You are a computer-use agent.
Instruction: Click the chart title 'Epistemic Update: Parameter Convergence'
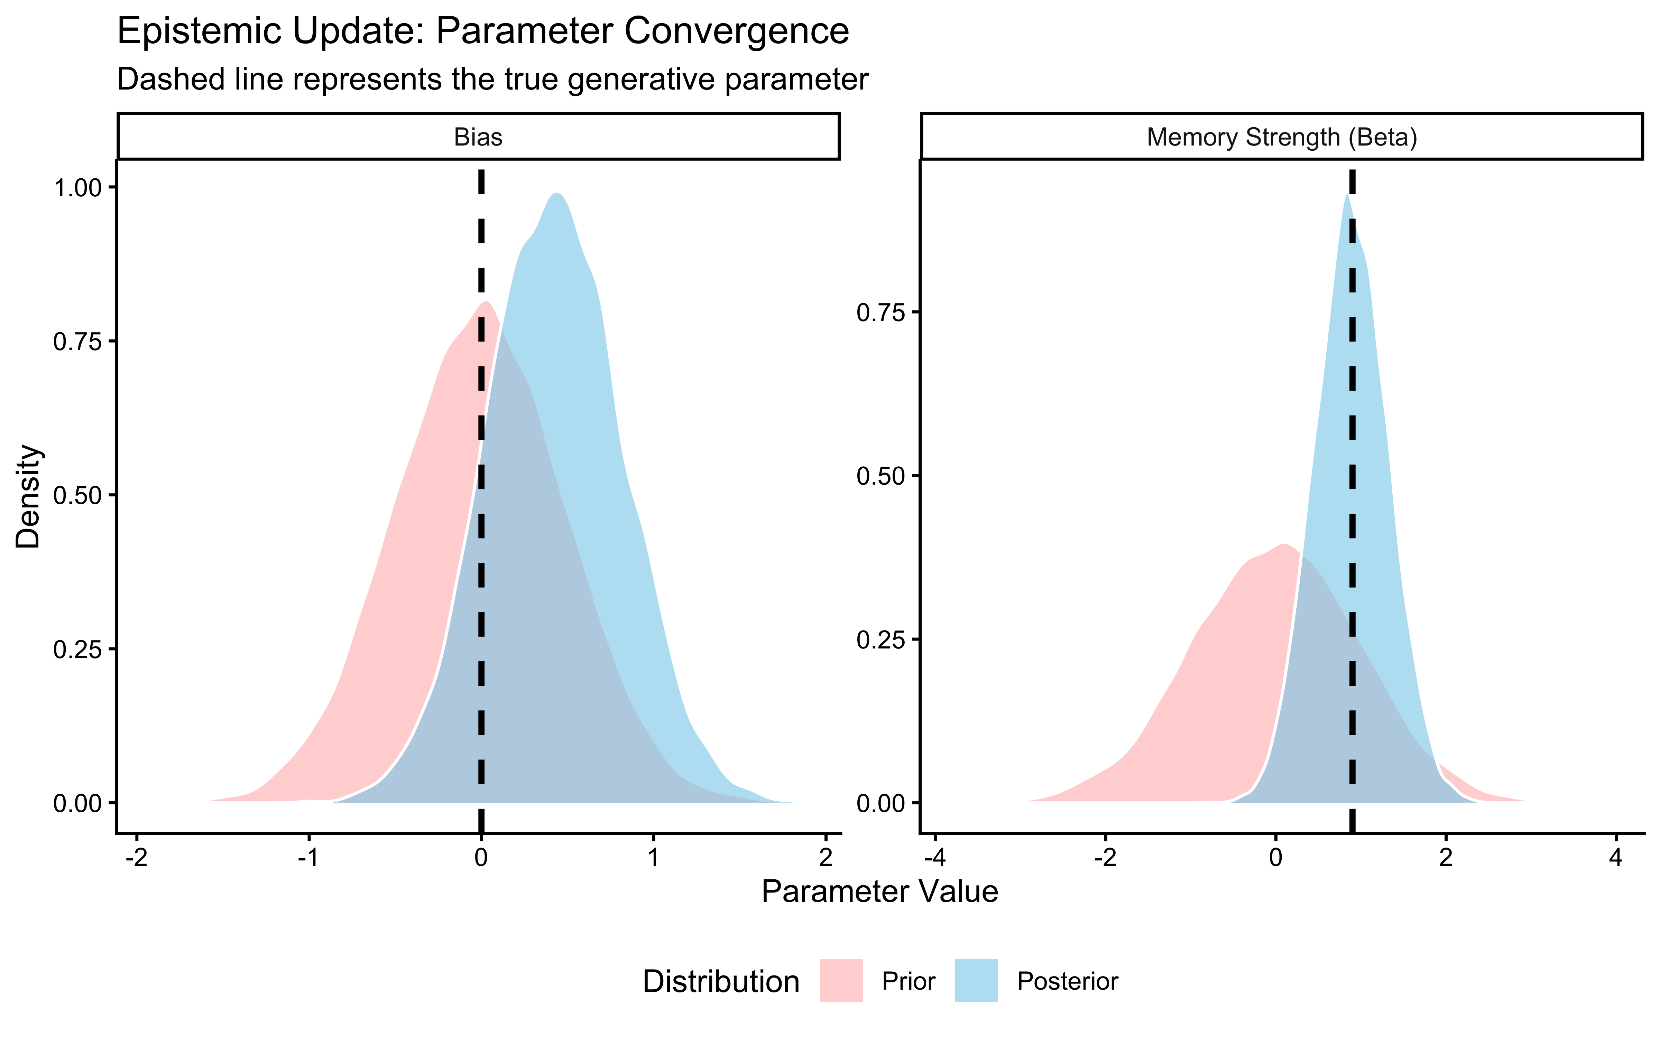483,31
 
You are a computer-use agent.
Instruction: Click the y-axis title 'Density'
29,497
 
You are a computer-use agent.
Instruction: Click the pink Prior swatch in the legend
841,981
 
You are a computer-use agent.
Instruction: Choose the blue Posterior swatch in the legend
976,981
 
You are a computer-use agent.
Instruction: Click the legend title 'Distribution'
721,982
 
